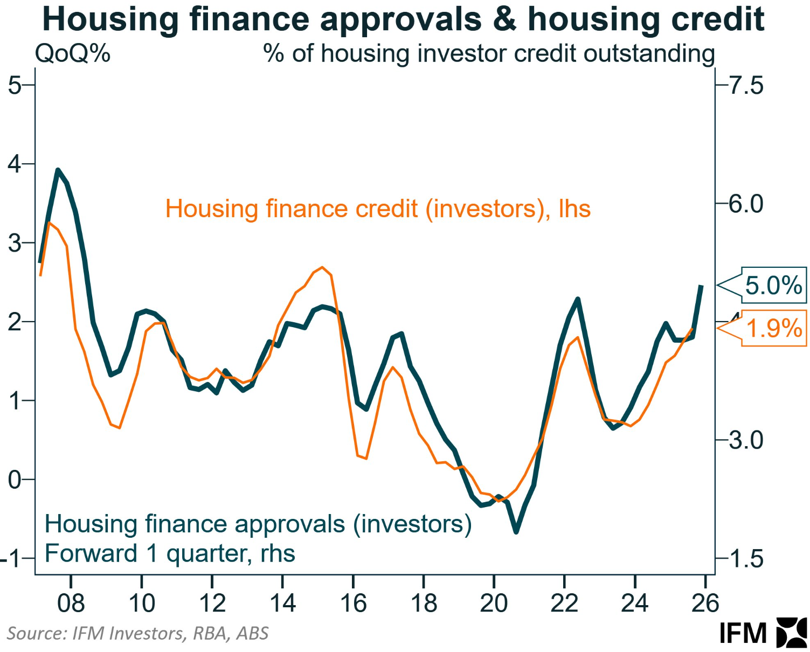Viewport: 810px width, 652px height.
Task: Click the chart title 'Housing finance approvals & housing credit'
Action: (x=403, y=19)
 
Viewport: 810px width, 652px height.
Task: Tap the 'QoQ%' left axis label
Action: (x=72, y=54)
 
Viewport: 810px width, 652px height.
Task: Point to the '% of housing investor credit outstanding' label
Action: (x=489, y=54)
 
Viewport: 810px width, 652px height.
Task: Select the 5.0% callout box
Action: (x=773, y=285)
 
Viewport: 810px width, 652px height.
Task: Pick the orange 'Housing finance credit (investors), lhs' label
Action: (x=378, y=209)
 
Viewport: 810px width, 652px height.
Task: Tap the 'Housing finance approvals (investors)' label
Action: (x=258, y=524)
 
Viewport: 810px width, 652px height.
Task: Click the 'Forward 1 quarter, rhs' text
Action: (x=170, y=553)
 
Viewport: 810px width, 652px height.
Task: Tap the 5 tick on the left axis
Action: (x=15, y=85)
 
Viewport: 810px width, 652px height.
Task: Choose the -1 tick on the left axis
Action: (x=11, y=559)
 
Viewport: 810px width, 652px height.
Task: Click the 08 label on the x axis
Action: (x=71, y=603)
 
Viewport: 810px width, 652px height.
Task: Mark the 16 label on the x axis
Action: (x=353, y=603)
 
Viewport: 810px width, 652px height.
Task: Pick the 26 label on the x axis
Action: (x=705, y=603)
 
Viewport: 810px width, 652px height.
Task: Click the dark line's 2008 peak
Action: (x=58, y=170)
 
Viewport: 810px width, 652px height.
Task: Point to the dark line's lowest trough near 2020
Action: (x=516, y=532)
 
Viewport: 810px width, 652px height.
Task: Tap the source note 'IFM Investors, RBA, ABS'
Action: (x=137, y=633)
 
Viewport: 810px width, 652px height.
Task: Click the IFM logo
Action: (x=763, y=633)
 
